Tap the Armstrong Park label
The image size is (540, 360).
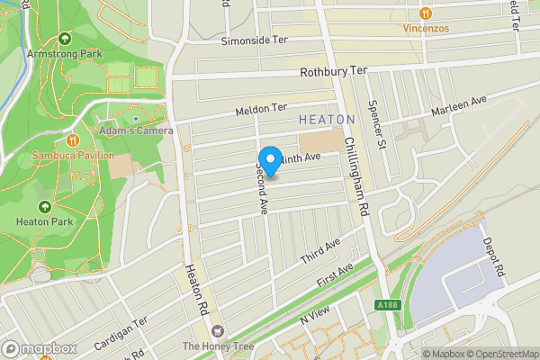(64, 54)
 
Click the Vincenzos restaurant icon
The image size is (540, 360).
(424, 13)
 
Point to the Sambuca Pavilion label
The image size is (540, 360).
(73, 155)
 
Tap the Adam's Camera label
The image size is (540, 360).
(136, 130)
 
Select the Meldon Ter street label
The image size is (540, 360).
(260, 110)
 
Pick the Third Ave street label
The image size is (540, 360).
(320, 251)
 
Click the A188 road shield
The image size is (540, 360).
(386, 306)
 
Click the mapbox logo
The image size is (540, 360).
(39, 348)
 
